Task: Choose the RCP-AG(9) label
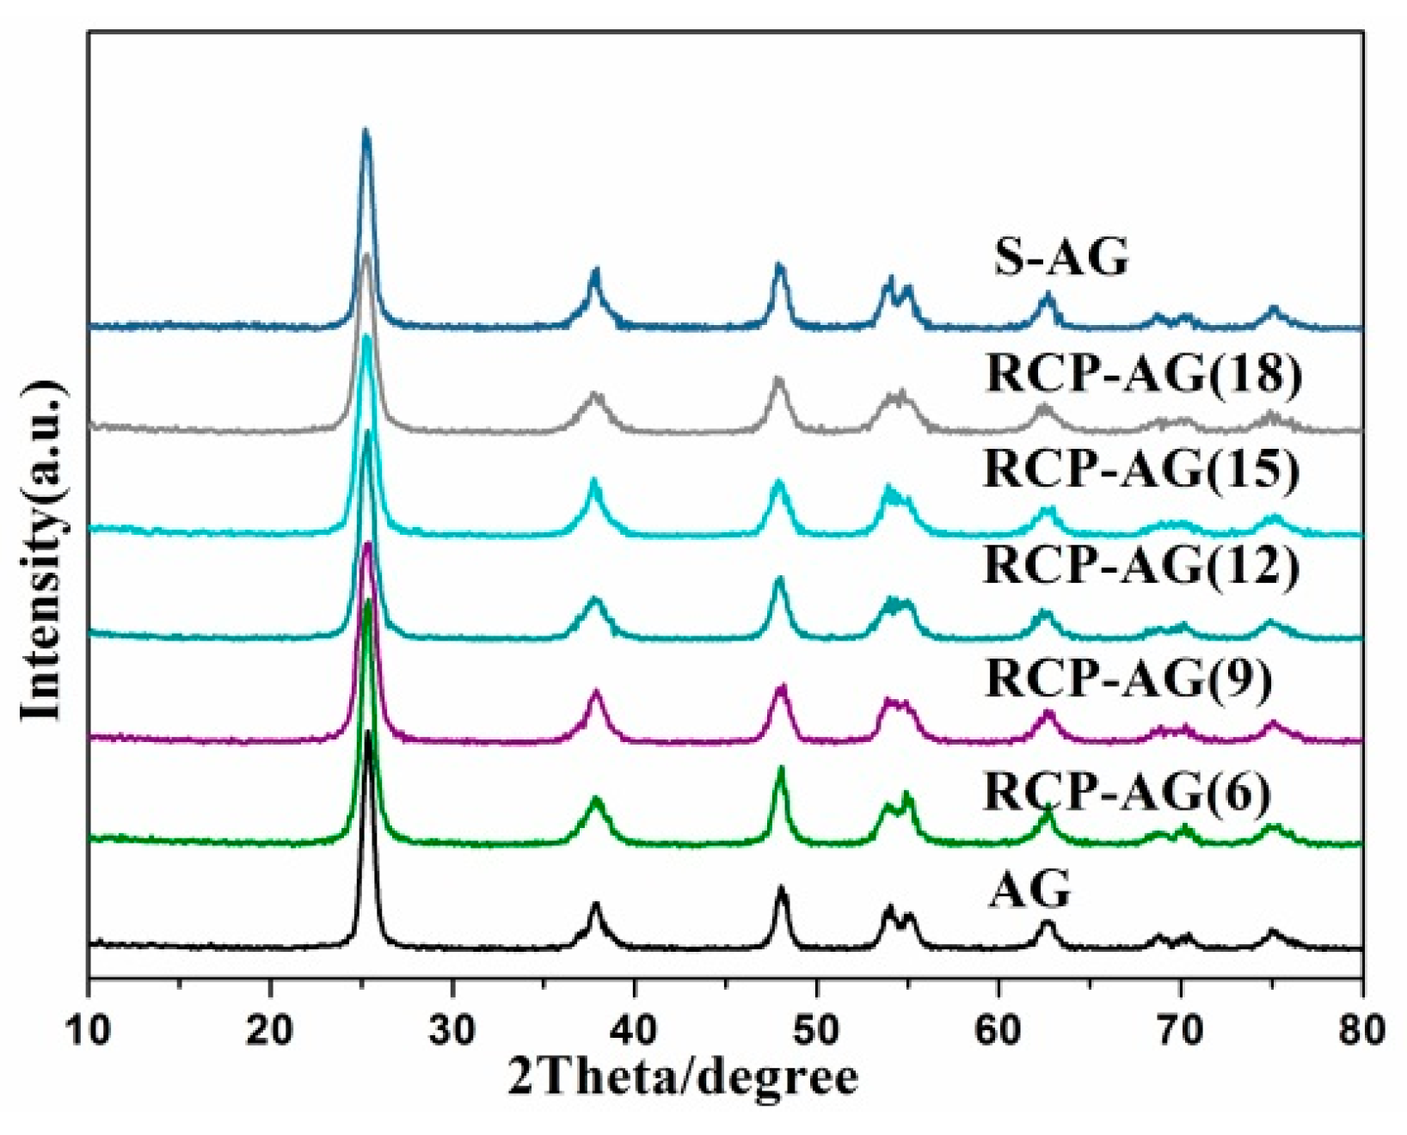1128,678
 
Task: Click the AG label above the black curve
1030,889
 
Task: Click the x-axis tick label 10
89,1031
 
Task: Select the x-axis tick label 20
271,1031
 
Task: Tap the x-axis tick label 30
452,1031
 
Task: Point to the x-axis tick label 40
635,1031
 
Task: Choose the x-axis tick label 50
817,1031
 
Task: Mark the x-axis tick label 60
998,1031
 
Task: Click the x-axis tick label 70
1181,1031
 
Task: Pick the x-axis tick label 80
1362,1031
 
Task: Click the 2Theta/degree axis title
684,1077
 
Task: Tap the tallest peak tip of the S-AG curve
366,131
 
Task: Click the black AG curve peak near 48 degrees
781,888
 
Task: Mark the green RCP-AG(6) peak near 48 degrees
781,769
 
